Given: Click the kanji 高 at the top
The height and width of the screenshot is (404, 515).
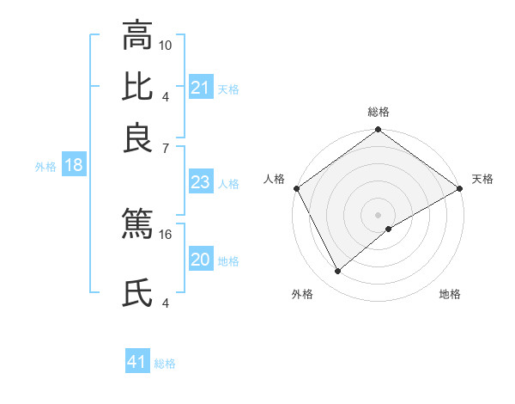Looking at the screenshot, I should (137, 37).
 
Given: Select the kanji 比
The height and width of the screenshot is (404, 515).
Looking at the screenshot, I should (137, 88).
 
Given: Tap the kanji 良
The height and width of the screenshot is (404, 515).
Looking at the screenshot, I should (137, 138).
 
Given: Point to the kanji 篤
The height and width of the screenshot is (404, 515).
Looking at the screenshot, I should (137, 224).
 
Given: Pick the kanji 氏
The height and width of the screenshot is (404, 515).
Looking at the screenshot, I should (137, 295).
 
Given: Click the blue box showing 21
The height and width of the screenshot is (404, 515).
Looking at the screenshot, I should (200, 88).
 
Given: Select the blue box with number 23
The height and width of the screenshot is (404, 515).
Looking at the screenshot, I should (200, 182).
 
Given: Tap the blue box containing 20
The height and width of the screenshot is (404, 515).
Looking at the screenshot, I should (200, 260).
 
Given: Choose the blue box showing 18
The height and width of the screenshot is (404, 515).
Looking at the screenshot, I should (74, 165).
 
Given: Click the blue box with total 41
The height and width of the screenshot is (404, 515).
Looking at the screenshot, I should (137, 362).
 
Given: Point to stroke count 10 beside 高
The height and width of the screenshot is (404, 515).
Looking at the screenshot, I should (166, 44).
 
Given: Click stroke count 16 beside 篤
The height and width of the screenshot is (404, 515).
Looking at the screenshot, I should (166, 234).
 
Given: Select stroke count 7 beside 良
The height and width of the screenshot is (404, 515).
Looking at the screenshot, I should (166, 149).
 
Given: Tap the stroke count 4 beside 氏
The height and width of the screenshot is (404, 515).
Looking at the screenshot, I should (166, 303).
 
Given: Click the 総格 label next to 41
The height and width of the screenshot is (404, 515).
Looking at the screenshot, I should (165, 364).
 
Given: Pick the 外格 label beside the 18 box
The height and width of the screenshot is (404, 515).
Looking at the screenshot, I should (45, 167).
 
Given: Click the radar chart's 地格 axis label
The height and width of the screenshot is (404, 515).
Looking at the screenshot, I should (450, 295).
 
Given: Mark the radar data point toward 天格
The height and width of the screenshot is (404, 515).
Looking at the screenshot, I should (459, 188).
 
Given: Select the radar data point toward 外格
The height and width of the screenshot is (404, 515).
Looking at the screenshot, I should (337, 271).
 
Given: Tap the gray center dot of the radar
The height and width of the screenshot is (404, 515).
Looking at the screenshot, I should (378, 215).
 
